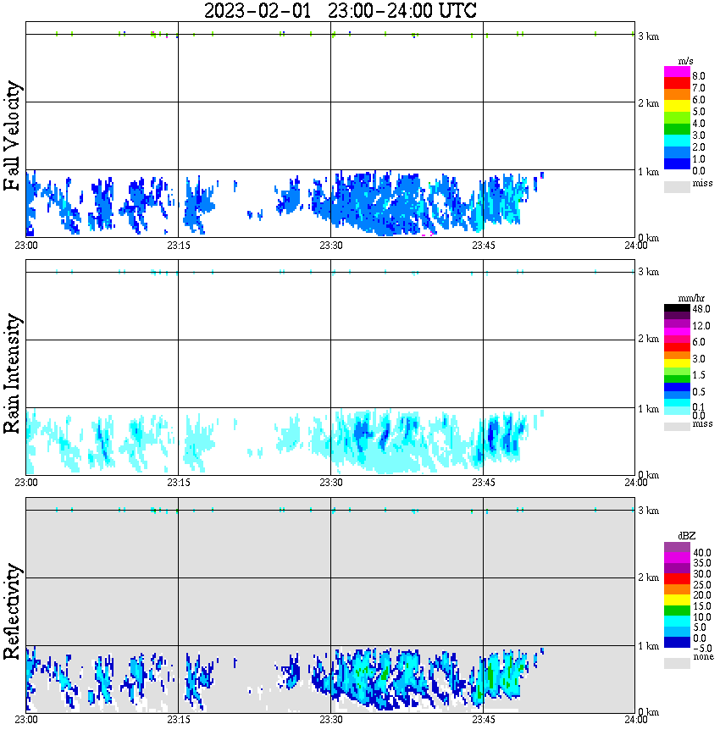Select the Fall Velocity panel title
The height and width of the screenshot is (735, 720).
click(x=12, y=136)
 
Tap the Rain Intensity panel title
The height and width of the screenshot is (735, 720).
click(x=12, y=373)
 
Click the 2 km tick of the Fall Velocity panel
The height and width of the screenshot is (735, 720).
click(x=649, y=103)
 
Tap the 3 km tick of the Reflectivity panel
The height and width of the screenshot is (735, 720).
click(x=649, y=511)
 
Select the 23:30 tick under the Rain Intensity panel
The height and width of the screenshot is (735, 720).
click(x=330, y=483)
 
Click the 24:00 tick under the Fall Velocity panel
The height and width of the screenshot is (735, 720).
click(x=636, y=246)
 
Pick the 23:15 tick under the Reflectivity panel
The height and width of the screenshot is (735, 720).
click(x=178, y=721)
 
